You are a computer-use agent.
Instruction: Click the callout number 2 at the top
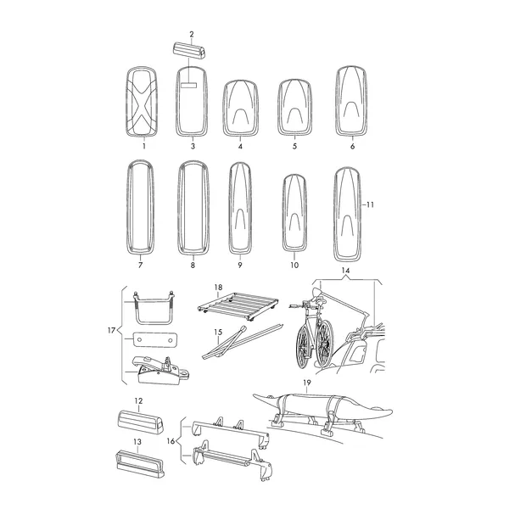(192, 34)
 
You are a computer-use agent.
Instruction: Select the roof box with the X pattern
(142, 102)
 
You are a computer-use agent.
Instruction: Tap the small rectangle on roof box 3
(188, 86)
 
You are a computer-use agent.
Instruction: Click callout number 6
(353, 147)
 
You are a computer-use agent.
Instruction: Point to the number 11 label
(370, 204)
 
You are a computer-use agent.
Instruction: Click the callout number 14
(345, 271)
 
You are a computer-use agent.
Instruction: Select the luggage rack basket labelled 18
(238, 306)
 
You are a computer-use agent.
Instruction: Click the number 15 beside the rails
(218, 333)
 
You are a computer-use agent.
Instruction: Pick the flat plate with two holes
(155, 339)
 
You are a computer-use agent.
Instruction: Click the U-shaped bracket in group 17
(154, 309)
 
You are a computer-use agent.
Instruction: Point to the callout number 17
(111, 331)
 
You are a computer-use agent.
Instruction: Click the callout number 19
(307, 383)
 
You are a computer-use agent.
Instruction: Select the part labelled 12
(140, 422)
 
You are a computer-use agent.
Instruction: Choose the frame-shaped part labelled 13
(140, 464)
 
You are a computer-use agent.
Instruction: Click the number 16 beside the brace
(171, 441)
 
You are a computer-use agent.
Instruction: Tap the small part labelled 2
(189, 50)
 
